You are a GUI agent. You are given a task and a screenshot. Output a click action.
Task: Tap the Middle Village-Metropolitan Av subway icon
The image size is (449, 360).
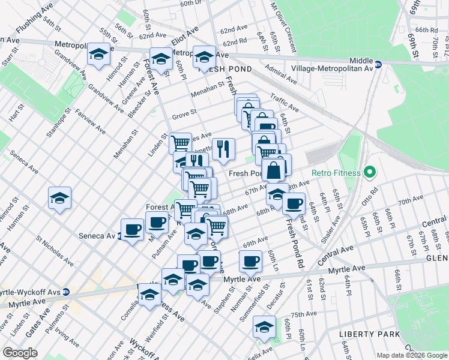pyautogui.click(x=378, y=64)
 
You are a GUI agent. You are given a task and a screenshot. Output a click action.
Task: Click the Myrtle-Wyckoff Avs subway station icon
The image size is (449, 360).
pyautogui.click(x=66, y=292)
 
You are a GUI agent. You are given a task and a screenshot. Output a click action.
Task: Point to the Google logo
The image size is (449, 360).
pyautogui.click(x=20, y=353)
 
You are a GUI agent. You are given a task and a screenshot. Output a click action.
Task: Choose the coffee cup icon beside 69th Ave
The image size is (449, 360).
pyautogui.click(x=250, y=260)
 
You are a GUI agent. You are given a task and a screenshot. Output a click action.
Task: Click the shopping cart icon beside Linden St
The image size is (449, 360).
pyautogui.click(x=180, y=143)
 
